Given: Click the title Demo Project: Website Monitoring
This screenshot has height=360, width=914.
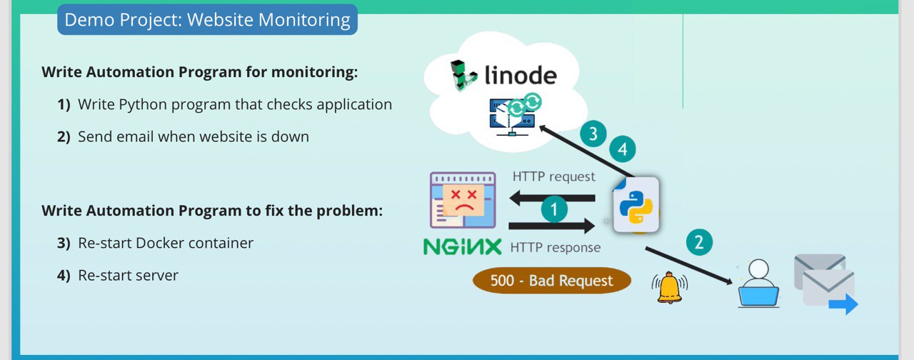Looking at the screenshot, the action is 207,19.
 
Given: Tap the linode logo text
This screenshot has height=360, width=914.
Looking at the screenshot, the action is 521,76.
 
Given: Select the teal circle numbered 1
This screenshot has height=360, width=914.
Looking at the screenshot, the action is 554,209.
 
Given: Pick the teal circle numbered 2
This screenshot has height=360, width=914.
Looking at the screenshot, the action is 699,242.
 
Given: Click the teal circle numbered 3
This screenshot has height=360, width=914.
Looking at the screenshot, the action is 593,134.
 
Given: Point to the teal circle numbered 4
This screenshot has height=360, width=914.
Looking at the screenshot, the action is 623,149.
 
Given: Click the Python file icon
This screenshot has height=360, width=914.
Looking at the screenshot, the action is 636,205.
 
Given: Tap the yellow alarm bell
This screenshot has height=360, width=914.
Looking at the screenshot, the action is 670,288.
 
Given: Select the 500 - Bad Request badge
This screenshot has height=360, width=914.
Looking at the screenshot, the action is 552,281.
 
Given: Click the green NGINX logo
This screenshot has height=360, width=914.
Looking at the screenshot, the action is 462,247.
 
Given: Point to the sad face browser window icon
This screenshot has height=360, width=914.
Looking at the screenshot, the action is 463,200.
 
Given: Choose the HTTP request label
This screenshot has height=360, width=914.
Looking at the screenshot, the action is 553,176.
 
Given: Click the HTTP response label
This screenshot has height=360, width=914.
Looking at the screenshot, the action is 556,247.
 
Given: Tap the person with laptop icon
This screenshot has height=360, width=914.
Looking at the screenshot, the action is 758,284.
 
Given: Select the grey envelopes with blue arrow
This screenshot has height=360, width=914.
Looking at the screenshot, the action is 826,284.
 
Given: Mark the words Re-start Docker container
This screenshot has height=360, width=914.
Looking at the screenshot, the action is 166,244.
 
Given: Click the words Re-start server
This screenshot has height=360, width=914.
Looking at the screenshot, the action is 128,276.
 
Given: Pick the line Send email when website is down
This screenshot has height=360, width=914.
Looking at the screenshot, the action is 194,136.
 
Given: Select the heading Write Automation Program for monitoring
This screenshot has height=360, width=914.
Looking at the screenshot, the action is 200,72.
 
